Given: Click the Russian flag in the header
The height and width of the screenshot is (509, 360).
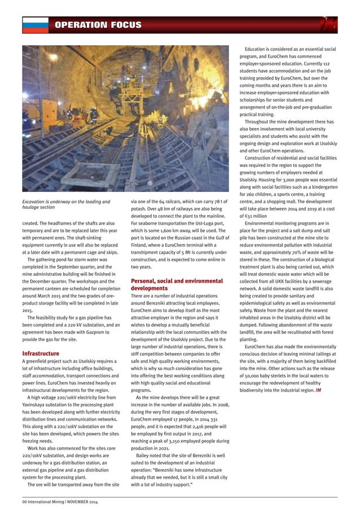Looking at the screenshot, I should coord(34,25).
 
